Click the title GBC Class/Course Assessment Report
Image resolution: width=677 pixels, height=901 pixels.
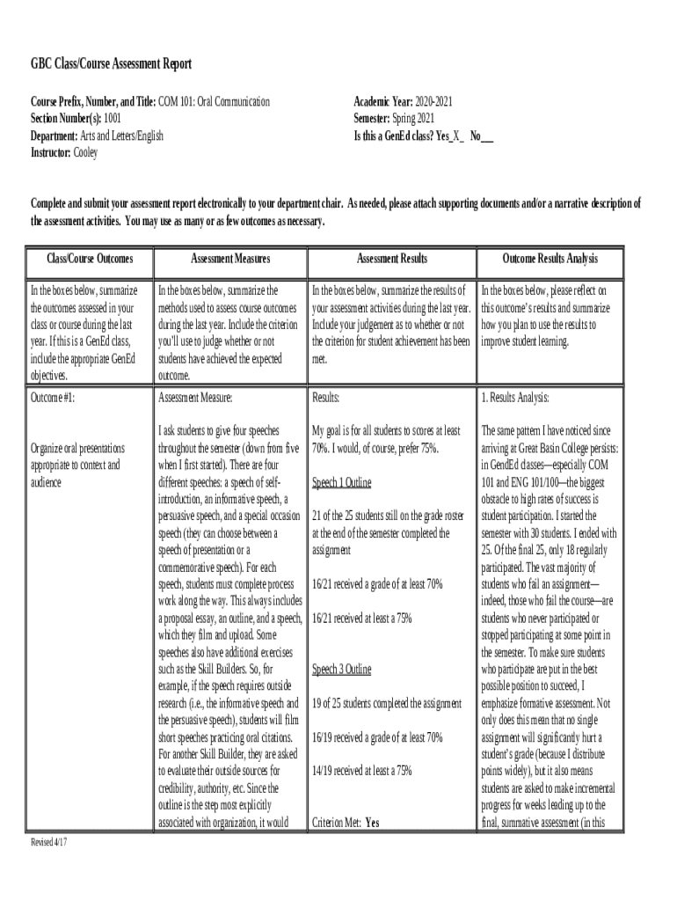(x=111, y=65)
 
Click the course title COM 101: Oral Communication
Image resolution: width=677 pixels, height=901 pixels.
(x=214, y=102)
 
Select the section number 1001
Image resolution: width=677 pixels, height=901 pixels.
(x=113, y=119)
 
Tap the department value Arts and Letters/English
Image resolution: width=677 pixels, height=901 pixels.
(x=122, y=136)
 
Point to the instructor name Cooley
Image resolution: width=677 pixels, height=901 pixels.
(x=86, y=152)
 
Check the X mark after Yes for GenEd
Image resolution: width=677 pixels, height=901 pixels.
(x=455, y=136)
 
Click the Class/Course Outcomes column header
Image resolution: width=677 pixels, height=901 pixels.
(x=90, y=259)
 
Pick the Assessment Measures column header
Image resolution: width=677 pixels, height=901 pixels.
(x=230, y=259)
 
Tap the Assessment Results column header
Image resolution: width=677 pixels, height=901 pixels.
(x=391, y=259)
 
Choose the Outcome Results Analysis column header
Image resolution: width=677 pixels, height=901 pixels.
(x=550, y=259)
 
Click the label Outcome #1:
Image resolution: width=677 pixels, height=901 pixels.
(x=53, y=398)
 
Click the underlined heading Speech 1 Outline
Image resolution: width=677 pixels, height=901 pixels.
(x=341, y=482)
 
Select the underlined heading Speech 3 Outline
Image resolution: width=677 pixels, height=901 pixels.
(x=341, y=670)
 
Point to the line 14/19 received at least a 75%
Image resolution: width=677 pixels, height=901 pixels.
(x=361, y=771)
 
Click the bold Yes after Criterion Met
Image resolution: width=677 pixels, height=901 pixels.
(x=373, y=823)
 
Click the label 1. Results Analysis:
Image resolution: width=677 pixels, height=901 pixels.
(x=515, y=398)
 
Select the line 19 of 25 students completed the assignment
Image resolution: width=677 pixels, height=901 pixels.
(x=387, y=703)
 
